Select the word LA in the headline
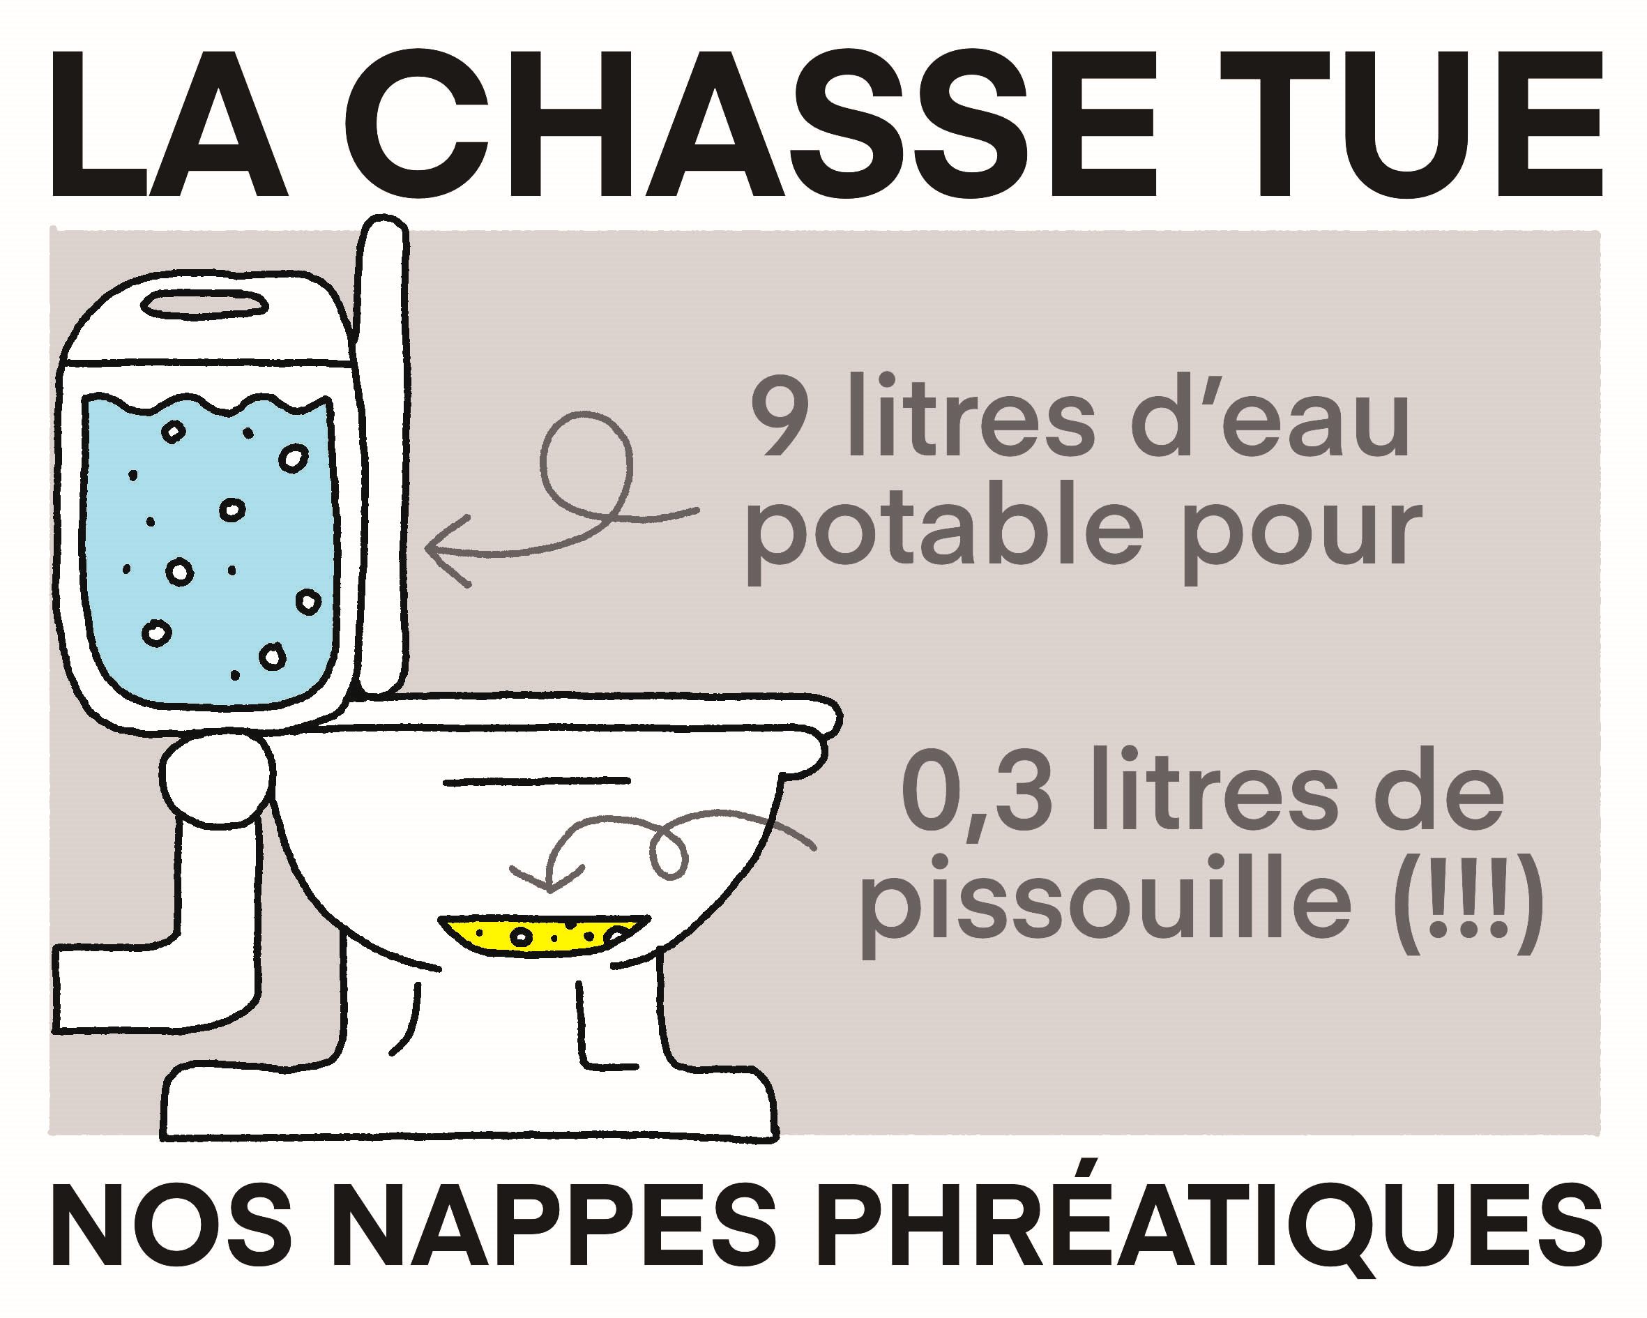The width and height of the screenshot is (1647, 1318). (169, 123)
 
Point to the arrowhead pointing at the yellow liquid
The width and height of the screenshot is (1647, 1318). (548, 879)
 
